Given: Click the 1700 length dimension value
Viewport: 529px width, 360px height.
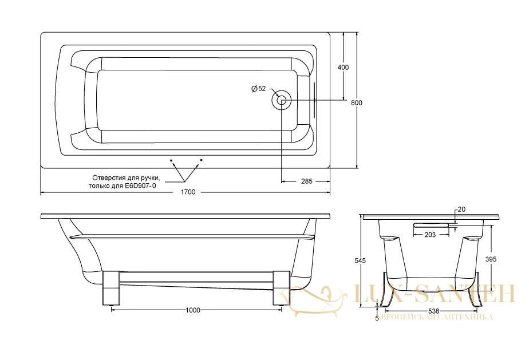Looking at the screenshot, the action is pos(188,192).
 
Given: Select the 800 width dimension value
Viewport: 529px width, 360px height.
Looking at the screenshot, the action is pos(356,103).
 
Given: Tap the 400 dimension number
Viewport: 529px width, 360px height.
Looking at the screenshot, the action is pos(343,67).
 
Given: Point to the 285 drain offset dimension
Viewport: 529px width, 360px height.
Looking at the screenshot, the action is pos(306,181).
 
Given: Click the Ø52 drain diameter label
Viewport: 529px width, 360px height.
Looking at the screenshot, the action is pos(258,89).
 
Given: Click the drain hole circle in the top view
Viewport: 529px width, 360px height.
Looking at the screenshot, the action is pos(282,100).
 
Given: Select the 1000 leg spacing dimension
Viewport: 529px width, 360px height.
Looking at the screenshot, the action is pos(193,310).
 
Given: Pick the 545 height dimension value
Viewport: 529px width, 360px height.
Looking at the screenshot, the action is pos(360,260).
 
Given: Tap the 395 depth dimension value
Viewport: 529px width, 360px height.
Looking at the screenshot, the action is pos(491,259).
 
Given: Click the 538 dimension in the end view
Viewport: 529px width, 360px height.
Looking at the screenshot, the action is pos(434,311).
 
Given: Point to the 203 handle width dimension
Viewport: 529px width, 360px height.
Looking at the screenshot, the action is pos(430,235).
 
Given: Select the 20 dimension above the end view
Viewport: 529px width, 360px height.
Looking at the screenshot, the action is pos(461,209).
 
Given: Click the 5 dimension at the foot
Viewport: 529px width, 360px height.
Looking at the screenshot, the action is pos(377,318).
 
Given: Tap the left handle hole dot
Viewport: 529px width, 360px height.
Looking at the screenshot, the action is pos(171,160).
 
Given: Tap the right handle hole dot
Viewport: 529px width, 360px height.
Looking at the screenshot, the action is pos(201,160).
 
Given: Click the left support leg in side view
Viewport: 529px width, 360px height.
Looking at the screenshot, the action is pos(111,288).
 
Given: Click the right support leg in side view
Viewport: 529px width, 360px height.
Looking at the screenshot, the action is pos(281,288).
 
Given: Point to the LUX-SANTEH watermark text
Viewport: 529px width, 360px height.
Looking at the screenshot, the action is pos(434,294).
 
